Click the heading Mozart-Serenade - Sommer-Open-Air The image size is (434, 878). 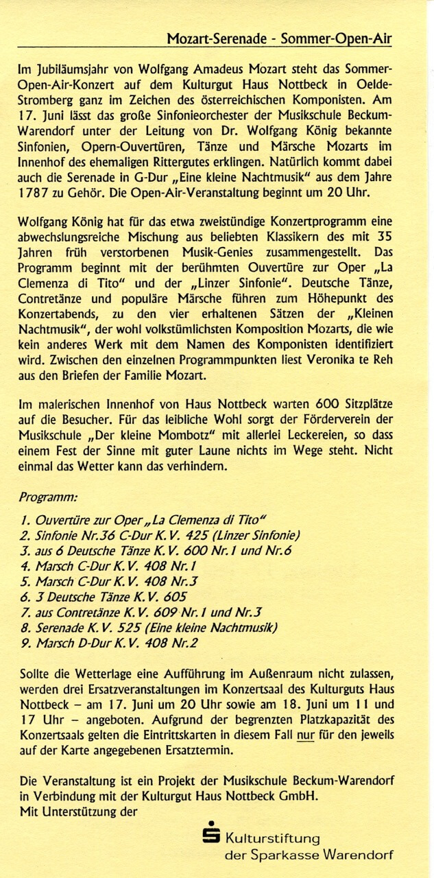(280, 39)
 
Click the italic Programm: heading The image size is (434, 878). (48, 496)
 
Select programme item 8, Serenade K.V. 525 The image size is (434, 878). (149, 628)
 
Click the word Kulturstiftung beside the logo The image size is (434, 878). (273, 838)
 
